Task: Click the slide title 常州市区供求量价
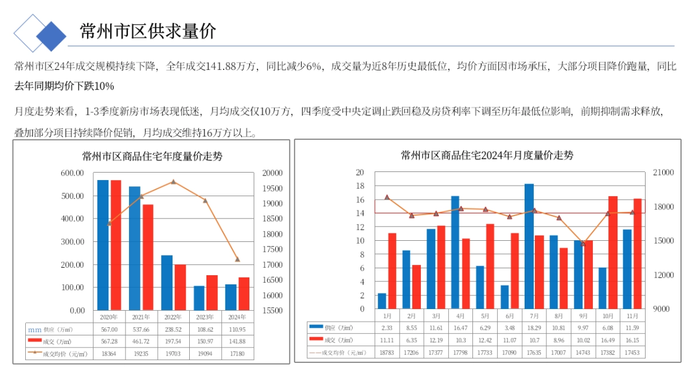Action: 148,31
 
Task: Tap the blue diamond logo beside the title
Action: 51,36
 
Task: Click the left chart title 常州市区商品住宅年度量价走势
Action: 152,156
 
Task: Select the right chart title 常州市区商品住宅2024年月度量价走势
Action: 487,155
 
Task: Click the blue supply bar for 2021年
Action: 135,248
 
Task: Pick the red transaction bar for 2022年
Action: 180,287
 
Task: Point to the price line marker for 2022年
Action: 173,182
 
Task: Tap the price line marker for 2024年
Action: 237,259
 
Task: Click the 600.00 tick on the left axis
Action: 73,173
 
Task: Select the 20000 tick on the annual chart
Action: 272,173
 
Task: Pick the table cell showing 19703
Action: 173,354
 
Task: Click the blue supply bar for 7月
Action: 529,246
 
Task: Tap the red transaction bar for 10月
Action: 613,252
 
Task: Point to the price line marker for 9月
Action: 583,244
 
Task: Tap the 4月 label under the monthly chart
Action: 460,316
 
